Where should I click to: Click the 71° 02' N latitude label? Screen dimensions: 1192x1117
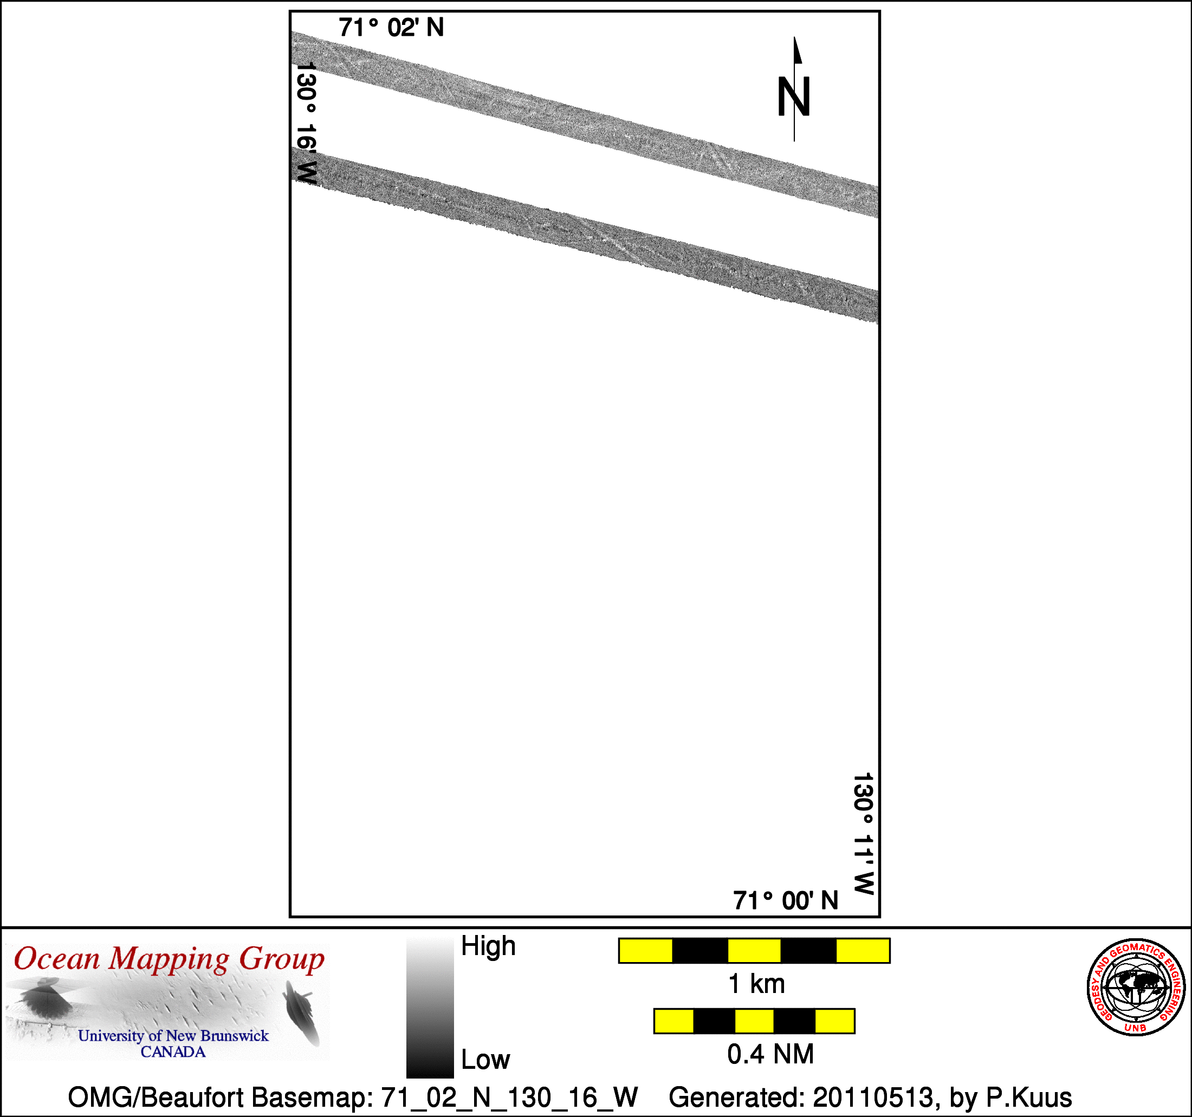[391, 28]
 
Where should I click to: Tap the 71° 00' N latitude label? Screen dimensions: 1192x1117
[786, 900]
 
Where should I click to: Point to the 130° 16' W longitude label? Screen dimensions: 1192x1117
[306, 124]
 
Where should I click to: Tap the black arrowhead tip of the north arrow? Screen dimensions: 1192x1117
[794, 37]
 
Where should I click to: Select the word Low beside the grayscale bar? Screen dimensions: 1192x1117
[485, 1060]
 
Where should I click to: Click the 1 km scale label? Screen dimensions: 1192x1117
[756, 984]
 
